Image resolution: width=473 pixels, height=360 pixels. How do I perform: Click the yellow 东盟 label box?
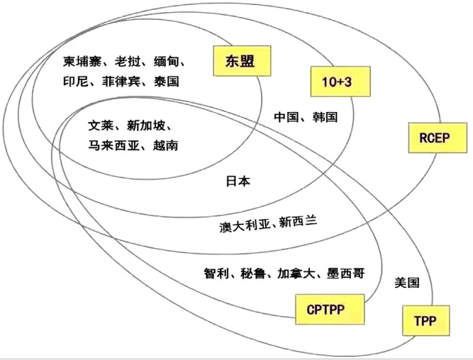233,61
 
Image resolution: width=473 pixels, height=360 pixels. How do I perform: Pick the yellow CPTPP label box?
325,310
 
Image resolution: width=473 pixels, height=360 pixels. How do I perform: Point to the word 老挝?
128,60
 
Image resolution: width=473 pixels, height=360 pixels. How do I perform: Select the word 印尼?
74,81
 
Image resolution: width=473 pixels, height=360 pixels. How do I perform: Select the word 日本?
237,181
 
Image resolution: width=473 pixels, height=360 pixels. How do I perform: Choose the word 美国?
407,282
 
